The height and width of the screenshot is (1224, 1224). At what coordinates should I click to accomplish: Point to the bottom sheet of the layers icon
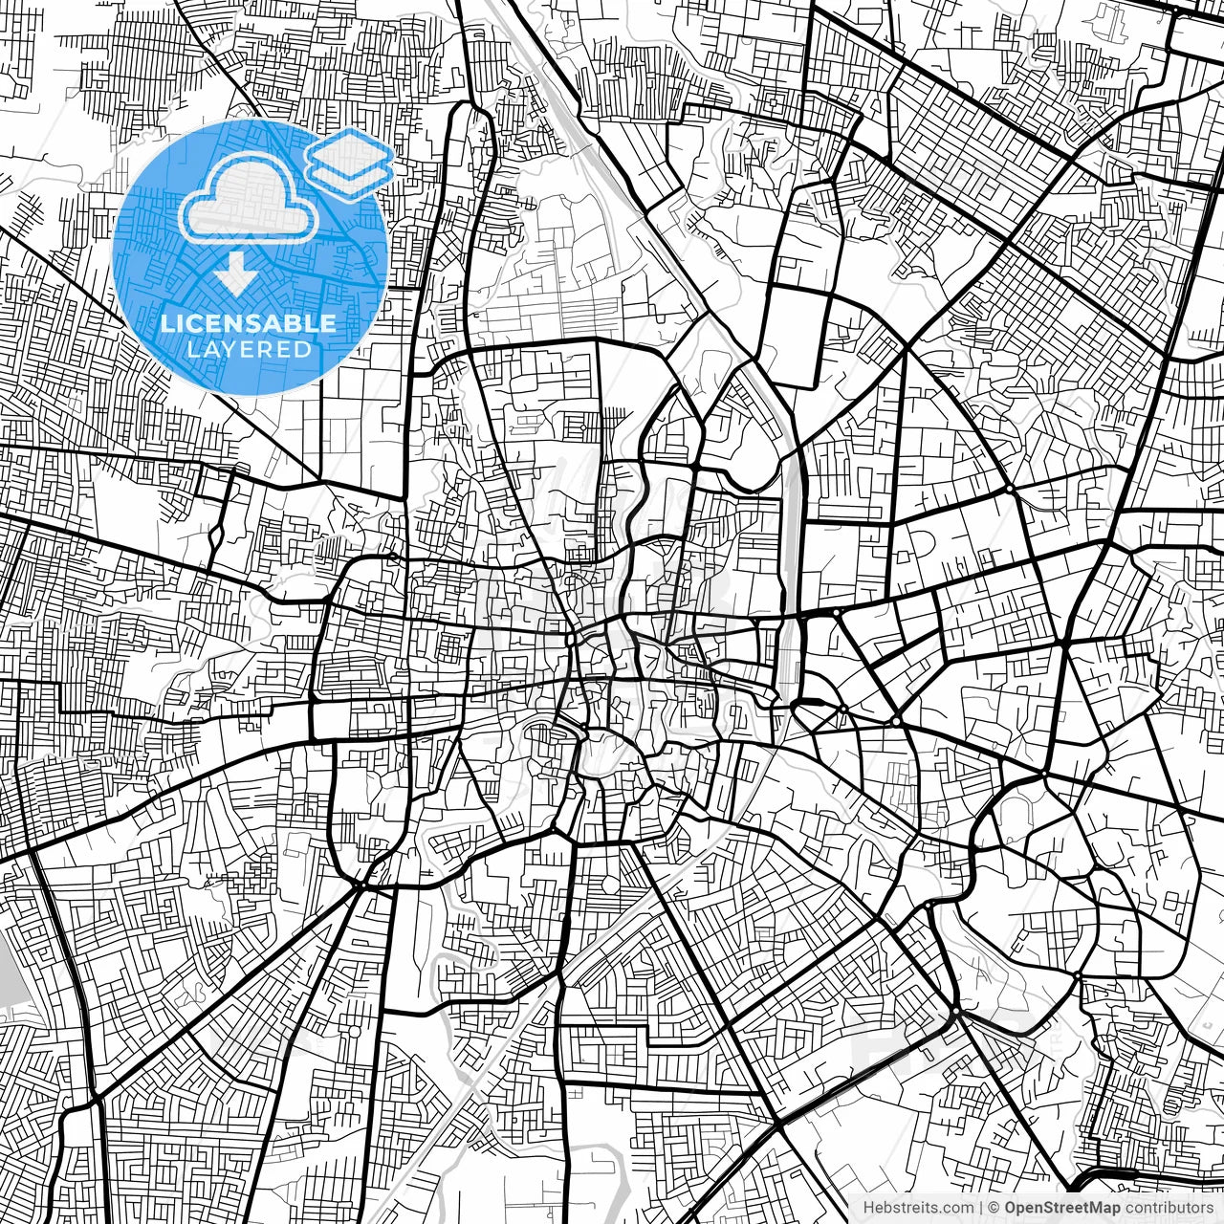click(351, 173)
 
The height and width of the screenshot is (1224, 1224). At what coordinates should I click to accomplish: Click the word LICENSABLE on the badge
click(249, 323)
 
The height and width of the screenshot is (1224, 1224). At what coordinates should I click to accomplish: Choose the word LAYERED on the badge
click(249, 349)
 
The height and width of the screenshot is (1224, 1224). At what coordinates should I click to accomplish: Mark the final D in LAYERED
click(303, 349)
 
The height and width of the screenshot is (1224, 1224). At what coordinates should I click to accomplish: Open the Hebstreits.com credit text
click(918, 1208)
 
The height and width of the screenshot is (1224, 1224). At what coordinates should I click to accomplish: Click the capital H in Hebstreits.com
click(868, 1208)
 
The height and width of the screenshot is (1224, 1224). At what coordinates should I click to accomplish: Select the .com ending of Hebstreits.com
click(958, 1208)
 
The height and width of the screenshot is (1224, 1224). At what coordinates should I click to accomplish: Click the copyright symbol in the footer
click(994, 1208)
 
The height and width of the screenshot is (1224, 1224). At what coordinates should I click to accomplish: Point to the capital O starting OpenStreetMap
click(1011, 1208)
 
